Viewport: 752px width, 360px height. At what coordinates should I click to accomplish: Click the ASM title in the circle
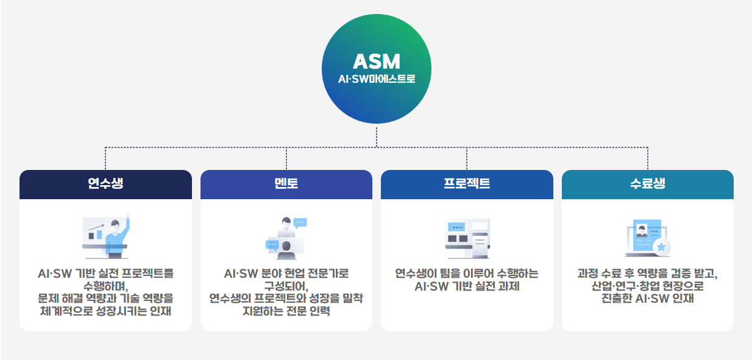376,61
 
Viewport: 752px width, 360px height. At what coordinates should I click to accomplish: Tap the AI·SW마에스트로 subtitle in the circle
376,79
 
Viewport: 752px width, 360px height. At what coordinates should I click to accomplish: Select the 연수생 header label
105,183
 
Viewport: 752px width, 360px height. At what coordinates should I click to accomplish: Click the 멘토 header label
286,183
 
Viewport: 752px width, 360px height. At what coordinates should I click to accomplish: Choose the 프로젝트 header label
467,183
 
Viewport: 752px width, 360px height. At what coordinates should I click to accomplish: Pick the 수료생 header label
647,183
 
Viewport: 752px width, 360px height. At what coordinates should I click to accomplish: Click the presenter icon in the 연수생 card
105,237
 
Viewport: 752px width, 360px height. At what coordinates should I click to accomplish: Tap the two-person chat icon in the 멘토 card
286,237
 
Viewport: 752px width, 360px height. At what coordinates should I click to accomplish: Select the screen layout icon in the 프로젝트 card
467,238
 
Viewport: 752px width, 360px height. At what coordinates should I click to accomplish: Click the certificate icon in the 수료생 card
647,238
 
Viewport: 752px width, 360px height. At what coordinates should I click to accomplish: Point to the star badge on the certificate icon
661,247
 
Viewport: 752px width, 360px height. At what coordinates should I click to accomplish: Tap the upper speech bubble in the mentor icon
300,223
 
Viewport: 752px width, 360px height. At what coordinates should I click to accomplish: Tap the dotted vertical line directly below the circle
376,137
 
